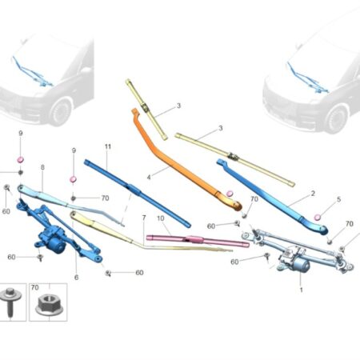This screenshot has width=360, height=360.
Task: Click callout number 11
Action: (x=108, y=146)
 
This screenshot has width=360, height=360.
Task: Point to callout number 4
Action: (x=149, y=177)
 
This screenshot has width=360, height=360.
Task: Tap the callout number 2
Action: (x=313, y=194)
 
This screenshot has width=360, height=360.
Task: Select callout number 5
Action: (x=338, y=199)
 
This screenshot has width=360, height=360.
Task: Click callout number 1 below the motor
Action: (x=302, y=290)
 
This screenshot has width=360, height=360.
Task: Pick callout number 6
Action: (x=76, y=278)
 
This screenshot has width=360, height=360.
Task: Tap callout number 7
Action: (x=144, y=218)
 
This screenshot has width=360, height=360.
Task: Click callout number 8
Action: (x=42, y=167)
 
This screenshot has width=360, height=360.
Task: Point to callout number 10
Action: (x=161, y=218)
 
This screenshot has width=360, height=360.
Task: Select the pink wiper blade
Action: (x=198, y=240)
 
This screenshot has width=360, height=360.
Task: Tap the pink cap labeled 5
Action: (x=318, y=218)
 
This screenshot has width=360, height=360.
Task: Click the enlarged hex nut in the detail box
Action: (x=49, y=305)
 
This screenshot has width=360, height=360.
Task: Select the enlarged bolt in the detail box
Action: (x=10, y=301)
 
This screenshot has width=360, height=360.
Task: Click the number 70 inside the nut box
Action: (x=35, y=287)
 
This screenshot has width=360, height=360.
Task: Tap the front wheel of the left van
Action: (x=61, y=112)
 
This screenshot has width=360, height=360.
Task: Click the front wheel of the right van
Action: (x=337, y=119)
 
